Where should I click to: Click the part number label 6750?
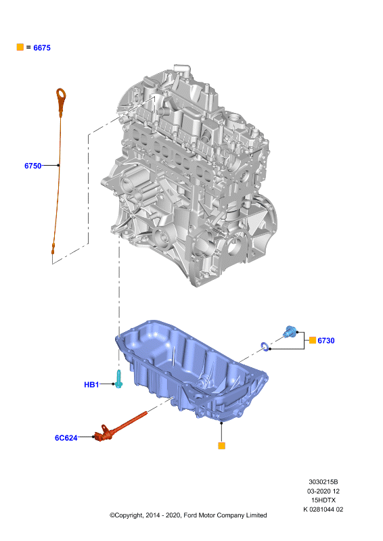pos(32,166)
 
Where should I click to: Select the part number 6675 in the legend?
pos(42,48)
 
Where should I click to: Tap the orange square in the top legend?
pos(20,47)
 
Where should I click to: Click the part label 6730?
pos(326,341)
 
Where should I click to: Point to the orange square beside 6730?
pos(313,340)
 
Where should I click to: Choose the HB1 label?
pos(91,384)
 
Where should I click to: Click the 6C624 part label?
pos(66,438)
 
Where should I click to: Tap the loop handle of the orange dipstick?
pos(61,95)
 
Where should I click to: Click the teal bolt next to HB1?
pos(118,379)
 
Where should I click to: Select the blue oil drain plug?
pos(290,331)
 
